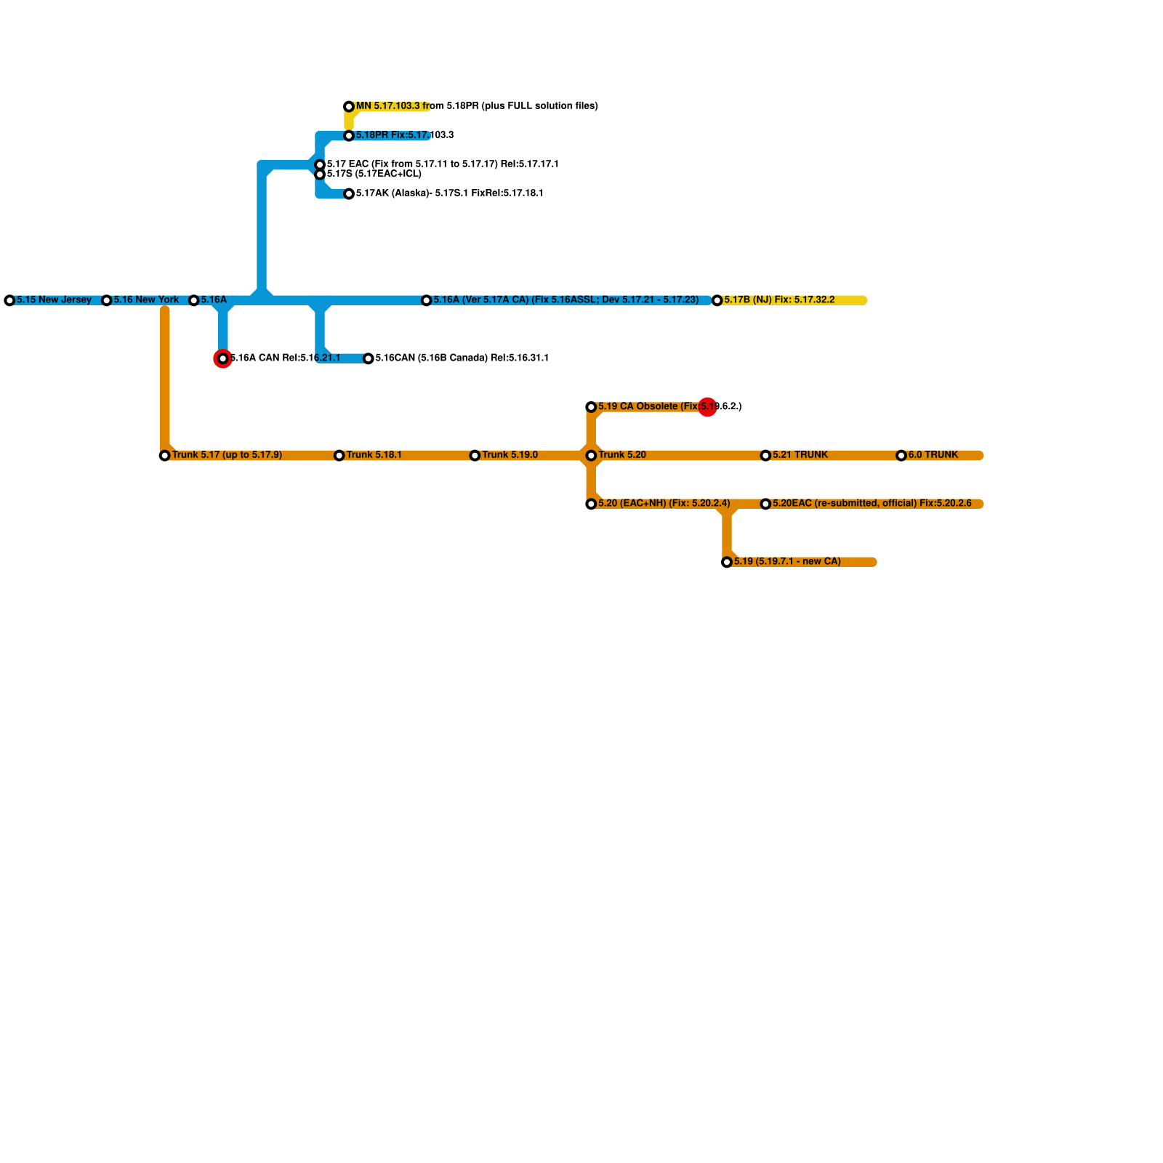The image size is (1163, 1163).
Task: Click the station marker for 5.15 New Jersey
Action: click(9, 300)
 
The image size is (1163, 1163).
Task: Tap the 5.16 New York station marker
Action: click(106, 300)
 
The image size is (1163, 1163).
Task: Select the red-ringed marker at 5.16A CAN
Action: click(223, 358)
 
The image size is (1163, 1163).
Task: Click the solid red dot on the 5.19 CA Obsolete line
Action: click(707, 407)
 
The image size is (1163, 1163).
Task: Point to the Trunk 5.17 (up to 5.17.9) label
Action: click(227, 455)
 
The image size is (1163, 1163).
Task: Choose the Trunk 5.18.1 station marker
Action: click(339, 456)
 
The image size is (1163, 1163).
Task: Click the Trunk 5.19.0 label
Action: click(510, 455)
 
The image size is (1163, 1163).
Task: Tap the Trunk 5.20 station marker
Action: click(591, 456)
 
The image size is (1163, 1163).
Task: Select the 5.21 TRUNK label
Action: click(800, 455)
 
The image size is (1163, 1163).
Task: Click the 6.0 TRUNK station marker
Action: click(901, 456)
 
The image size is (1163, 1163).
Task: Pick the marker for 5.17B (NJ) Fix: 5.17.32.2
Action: click(717, 300)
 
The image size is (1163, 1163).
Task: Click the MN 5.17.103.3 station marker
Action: click(349, 107)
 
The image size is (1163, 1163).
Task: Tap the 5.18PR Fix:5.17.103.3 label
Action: click(404, 135)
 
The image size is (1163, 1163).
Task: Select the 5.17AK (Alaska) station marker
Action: click(349, 194)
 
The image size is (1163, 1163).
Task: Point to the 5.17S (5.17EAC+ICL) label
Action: click(374, 174)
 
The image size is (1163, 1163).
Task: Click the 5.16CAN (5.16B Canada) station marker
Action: click(369, 358)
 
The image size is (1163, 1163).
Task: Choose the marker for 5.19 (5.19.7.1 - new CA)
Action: click(727, 562)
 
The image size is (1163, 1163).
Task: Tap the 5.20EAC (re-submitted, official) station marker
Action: click(765, 504)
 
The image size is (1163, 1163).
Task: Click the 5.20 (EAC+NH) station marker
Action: click(591, 504)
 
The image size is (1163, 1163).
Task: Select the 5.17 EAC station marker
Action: click(320, 165)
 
